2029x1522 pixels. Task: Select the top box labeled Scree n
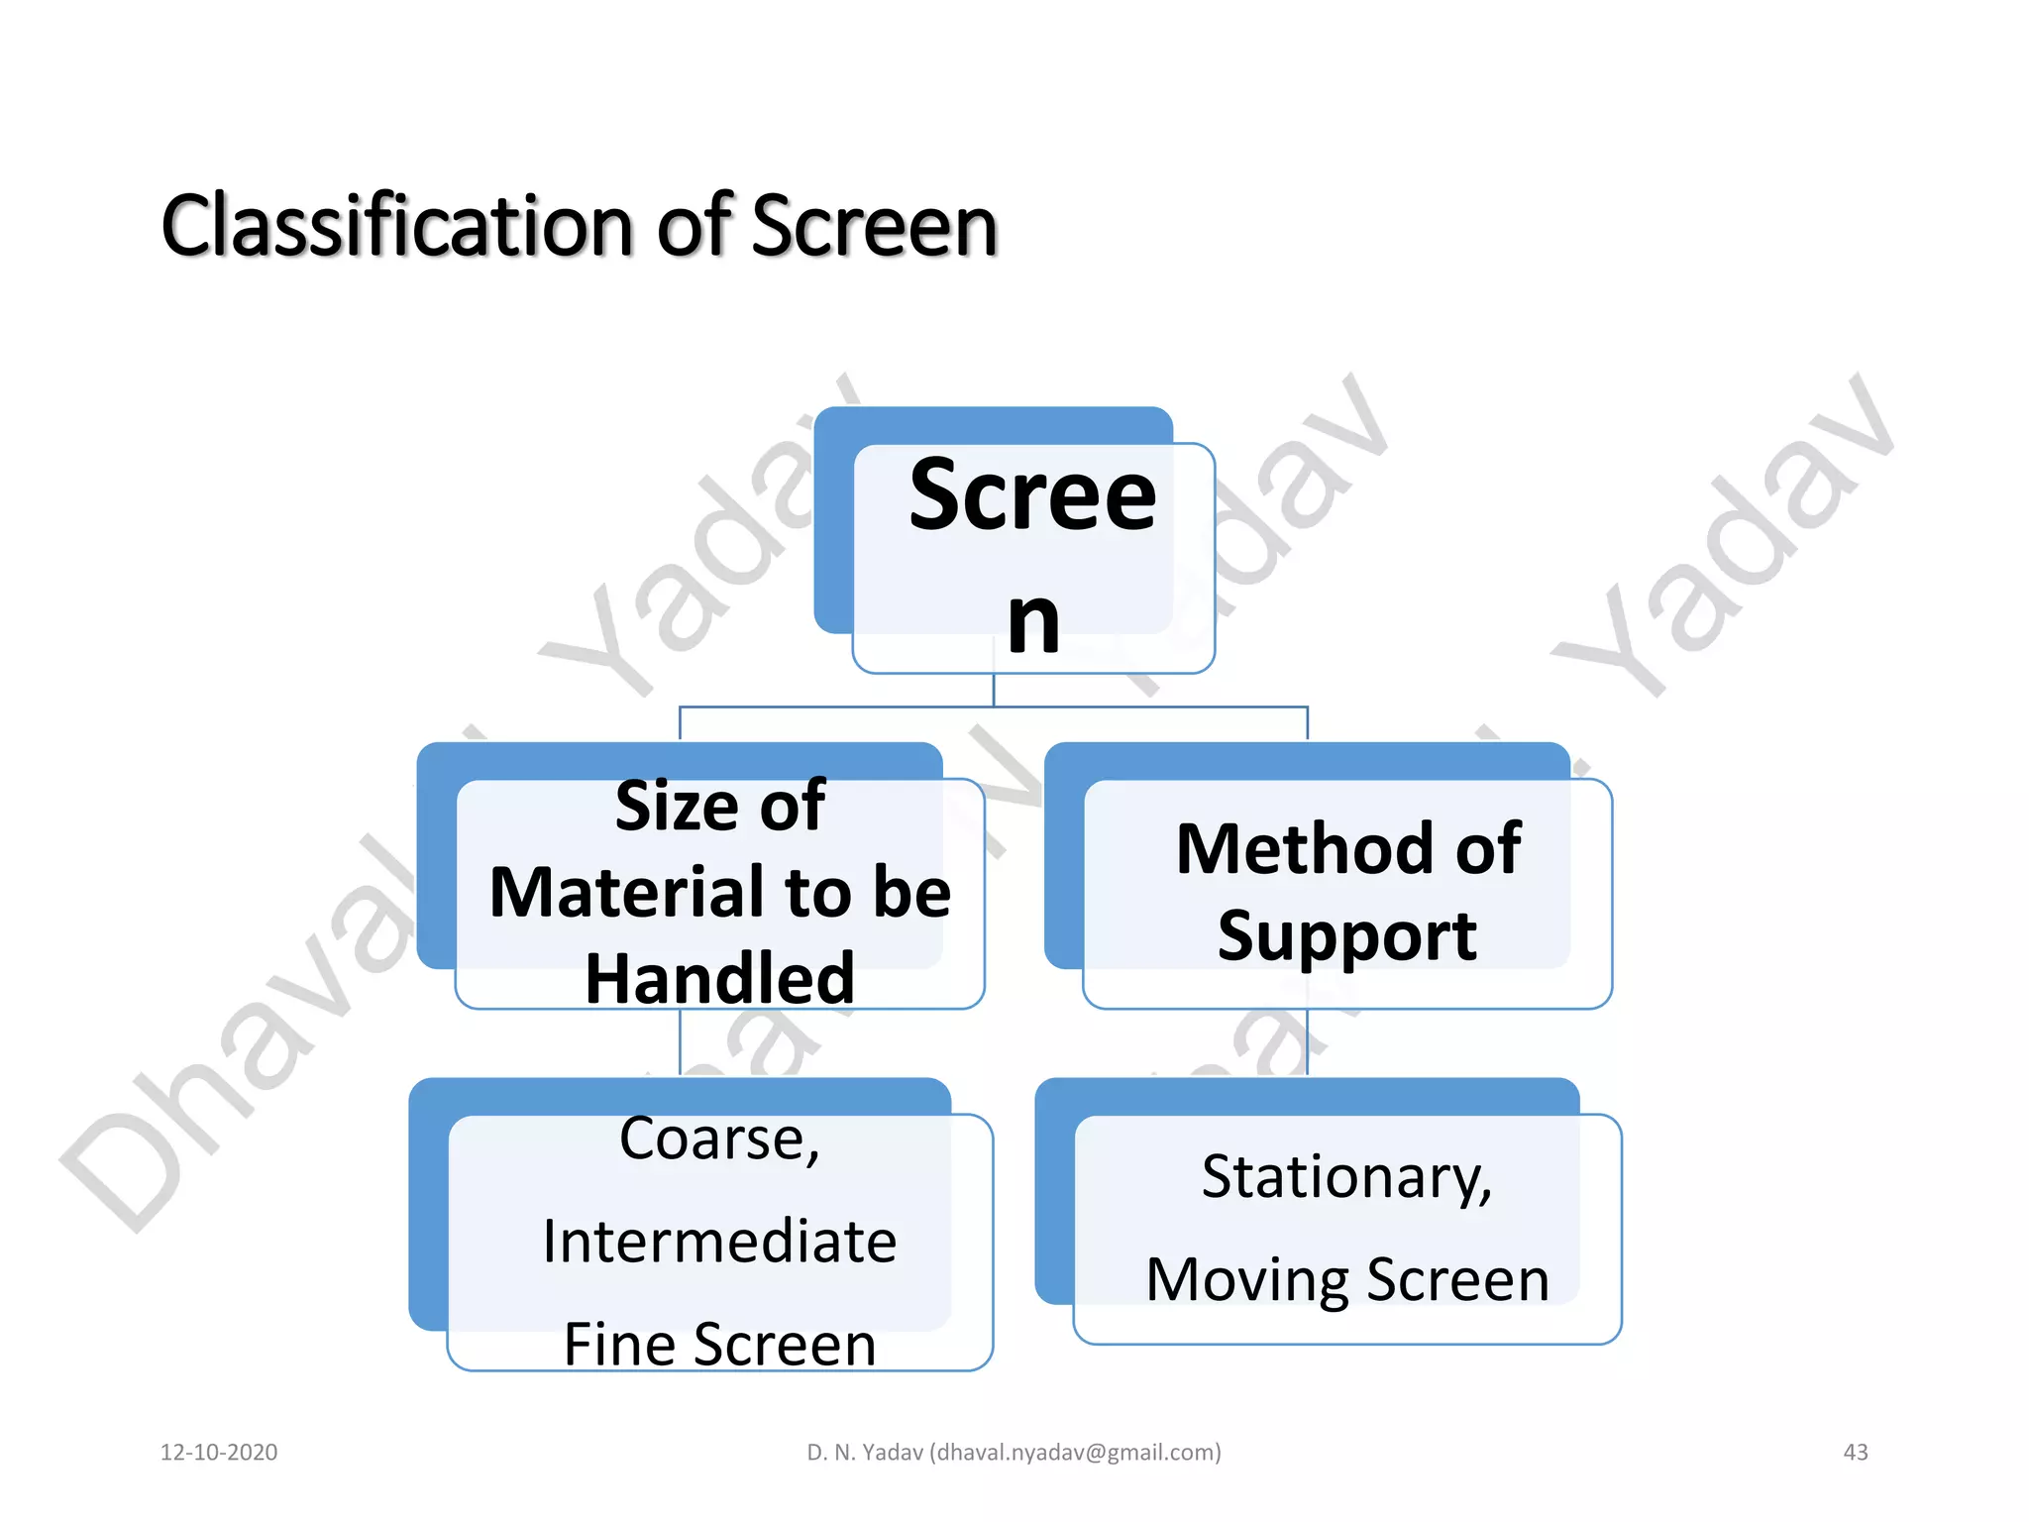click(x=1032, y=555)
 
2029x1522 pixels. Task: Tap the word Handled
click(x=719, y=978)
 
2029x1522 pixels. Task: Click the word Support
click(x=1346, y=935)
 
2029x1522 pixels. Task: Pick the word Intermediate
click(x=719, y=1242)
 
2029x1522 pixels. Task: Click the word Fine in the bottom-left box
click(x=619, y=1345)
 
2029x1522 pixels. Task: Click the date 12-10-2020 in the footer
click(x=219, y=1453)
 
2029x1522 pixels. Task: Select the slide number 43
click(x=1855, y=1453)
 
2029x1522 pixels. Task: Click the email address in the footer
click(x=1075, y=1453)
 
